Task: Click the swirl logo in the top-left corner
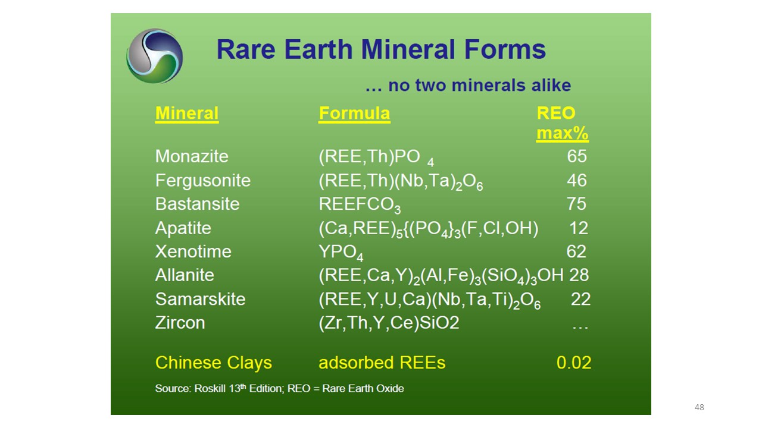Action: click(154, 56)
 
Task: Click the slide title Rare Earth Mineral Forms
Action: click(381, 49)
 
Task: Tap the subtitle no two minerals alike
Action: click(468, 85)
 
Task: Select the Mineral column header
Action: click(187, 114)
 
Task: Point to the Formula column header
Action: click(354, 114)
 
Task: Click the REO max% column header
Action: click(563, 123)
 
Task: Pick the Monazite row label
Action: click(192, 156)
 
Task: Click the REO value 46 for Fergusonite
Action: click(577, 180)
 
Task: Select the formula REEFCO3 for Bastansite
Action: click(360, 205)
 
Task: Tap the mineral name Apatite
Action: click(183, 228)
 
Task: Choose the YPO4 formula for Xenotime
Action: click(341, 253)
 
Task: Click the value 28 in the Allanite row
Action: click(579, 275)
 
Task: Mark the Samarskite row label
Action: click(201, 299)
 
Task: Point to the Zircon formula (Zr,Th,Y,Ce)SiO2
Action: click(389, 323)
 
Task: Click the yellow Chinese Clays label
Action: click(214, 363)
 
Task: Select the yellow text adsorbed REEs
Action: click(382, 363)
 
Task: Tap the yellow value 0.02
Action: click(574, 363)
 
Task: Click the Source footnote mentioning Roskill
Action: click(279, 388)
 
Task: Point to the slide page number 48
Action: click(699, 407)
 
